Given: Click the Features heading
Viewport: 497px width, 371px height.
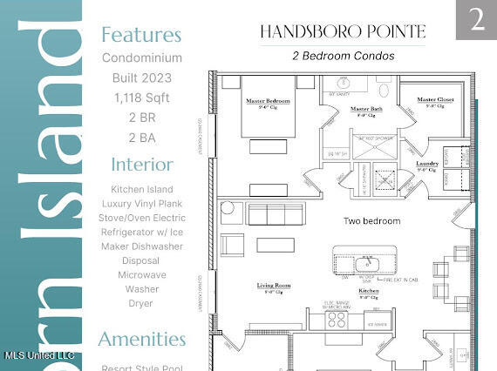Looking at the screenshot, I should click(x=141, y=35).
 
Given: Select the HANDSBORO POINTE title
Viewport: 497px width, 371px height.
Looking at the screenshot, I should click(x=342, y=32).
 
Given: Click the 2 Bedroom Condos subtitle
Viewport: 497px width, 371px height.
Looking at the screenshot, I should click(x=342, y=56).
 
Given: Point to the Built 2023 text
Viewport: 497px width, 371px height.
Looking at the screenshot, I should click(x=141, y=78).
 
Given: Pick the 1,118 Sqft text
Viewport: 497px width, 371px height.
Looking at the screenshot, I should click(x=141, y=98).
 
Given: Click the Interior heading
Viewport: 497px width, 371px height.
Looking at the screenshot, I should click(x=141, y=165).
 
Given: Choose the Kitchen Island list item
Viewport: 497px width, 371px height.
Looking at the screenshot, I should click(x=141, y=189).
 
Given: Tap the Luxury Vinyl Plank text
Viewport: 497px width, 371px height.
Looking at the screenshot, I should click(x=141, y=204).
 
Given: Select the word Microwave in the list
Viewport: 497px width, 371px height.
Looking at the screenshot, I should click(x=141, y=275).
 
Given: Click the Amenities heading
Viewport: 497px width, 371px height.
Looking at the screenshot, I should click(x=141, y=339).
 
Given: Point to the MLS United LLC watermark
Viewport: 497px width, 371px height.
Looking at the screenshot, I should click(x=39, y=355).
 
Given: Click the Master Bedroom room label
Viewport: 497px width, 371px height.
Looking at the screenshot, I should click(x=267, y=101).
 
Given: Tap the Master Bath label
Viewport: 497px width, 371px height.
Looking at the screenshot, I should click(x=366, y=109).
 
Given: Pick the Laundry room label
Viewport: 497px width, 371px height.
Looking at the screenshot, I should click(x=427, y=163).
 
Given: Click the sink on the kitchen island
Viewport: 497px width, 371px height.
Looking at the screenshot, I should click(x=364, y=262).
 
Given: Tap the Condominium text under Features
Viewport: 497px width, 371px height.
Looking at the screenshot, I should click(x=141, y=58).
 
